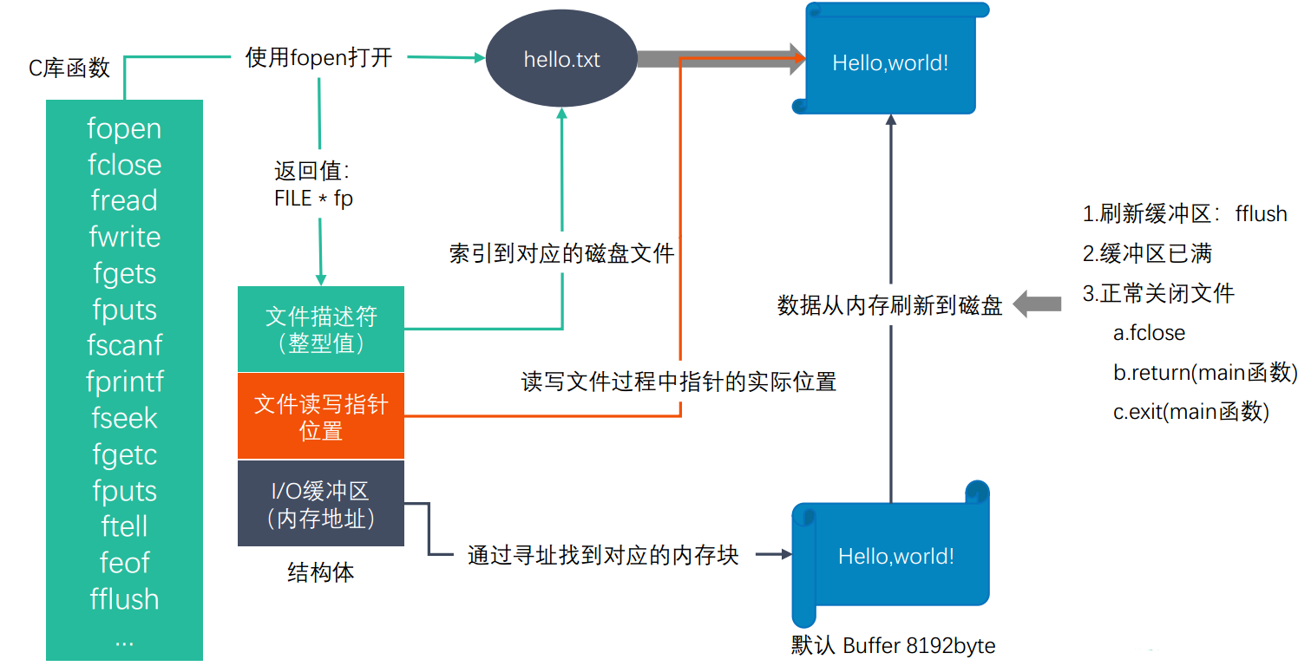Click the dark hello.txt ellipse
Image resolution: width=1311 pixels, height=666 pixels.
[x=561, y=60]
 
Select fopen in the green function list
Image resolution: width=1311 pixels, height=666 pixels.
[x=124, y=128]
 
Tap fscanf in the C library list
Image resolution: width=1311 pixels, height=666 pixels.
[x=124, y=345]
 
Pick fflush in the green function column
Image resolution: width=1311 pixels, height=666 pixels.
[x=124, y=599]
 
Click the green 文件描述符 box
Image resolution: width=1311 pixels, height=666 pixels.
[x=321, y=330]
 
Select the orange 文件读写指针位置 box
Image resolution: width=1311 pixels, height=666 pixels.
[x=321, y=417]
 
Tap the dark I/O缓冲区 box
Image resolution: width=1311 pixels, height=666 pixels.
[x=321, y=504]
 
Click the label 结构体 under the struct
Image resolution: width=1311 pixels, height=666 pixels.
[x=320, y=573]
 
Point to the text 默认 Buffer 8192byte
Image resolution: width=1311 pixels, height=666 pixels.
[x=893, y=646]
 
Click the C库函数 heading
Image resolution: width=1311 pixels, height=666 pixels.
[x=69, y=69]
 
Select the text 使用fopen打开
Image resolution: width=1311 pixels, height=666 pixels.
[x=319, y=59]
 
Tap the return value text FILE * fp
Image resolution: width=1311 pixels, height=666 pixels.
[x=313, y=199]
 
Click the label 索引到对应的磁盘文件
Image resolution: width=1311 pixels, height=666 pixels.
[x=561, y=253]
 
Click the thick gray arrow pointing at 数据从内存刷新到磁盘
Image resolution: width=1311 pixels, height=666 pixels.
[x=1037, y=304]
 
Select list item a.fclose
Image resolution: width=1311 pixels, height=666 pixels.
[x=1149, y=333]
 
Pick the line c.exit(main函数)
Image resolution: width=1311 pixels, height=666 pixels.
[x=1190, y=412]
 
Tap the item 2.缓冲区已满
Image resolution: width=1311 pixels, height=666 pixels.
[x=1147, y=253]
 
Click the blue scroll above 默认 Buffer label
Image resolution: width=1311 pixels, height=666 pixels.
[x=893, y=555]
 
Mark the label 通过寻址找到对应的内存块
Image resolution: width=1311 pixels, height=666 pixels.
[x=603, y=555]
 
